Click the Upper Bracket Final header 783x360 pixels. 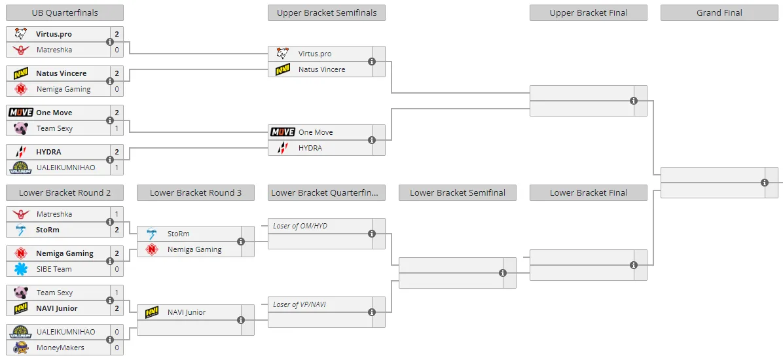pos(589,13)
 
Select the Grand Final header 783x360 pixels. pos(719,13)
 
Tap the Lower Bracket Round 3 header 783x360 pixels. pos(196,192)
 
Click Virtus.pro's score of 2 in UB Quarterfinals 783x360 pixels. pos(117,34)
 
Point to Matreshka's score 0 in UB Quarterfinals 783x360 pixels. pos(117,50)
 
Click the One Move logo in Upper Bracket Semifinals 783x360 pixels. pos(283,132)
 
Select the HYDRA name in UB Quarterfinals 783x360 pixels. pos(48,152)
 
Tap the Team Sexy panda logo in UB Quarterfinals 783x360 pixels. pos(20,128)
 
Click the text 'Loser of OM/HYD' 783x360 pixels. pos(300,226)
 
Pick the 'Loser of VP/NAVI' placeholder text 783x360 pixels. pos(300,304)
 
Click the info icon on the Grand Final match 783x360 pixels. pos(765,183)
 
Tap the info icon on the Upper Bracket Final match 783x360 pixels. pos(634,101)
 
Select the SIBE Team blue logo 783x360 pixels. pos(20,269)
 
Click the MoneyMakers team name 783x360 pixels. pos(60,348)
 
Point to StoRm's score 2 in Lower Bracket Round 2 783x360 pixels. pos(117,230)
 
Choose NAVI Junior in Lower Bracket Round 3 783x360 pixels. pos(187,312)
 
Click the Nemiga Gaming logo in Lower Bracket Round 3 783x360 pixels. pos(152,249)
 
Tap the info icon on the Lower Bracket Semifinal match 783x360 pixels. pos(503,273)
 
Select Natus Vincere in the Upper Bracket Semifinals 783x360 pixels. pos(321,69)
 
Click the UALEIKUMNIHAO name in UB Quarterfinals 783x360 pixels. pos(65,168)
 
